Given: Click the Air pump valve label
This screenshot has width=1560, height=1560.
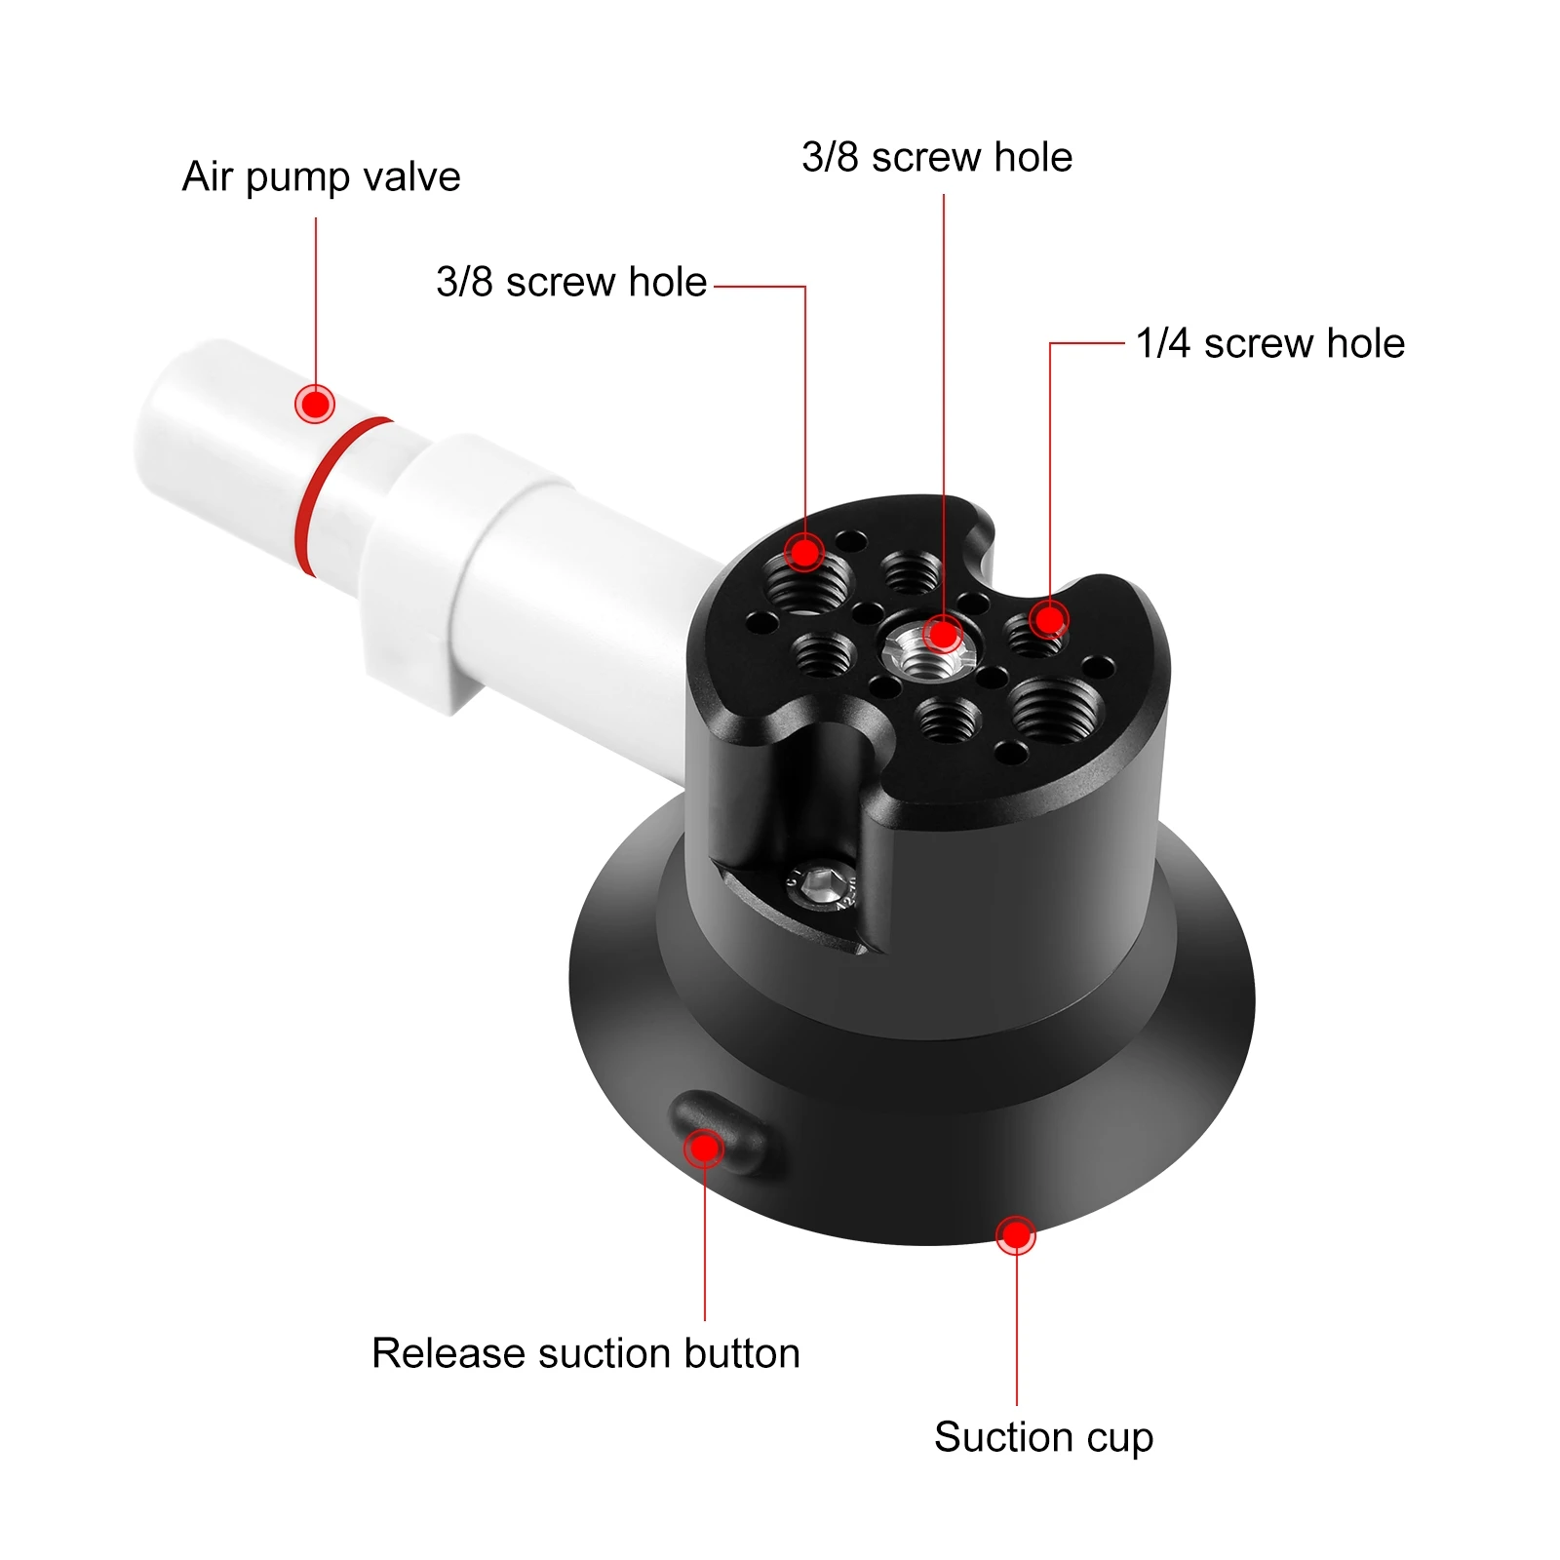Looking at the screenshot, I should point(321,177).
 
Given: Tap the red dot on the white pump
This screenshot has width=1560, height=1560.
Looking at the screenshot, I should point(315,403).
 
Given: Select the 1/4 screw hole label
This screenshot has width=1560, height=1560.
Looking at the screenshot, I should point(1269,343).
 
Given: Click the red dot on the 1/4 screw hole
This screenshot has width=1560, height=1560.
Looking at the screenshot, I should point(1049,619).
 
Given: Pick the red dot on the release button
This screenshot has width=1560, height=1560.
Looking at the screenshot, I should point(703,1149).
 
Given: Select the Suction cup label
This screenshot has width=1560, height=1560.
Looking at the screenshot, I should point(1043,1437).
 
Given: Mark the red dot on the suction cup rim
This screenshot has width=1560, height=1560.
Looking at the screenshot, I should point(1016,1235).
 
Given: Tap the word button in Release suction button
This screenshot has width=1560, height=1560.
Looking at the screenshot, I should point(741,1353).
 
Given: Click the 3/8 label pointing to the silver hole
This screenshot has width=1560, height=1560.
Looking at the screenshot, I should point(937,157).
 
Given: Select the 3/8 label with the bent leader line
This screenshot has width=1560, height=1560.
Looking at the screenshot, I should point(571,282).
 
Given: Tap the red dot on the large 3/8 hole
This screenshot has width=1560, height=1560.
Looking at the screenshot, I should point(805,553).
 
